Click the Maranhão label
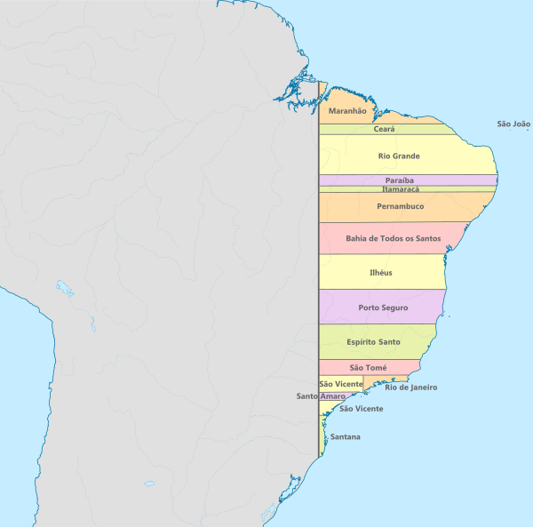coord(347,111)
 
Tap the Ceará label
coord(384,129)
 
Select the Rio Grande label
coord(399,156)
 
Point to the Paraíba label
coord(399,180)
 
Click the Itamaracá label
coord(401,189)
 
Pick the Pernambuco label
coord(400,207)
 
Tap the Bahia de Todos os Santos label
coord(393,238)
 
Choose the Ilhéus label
coord(380,273)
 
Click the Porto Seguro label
coord(383,307)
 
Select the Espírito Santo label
coord(373,342)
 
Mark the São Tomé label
coord(368,367)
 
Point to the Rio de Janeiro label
coord(410,387)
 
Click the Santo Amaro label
coord(321,396)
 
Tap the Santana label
coord(345,436)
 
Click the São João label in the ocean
coord(513,124)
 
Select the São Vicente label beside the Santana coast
coord(362,409)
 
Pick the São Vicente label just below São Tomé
coord(340,383)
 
